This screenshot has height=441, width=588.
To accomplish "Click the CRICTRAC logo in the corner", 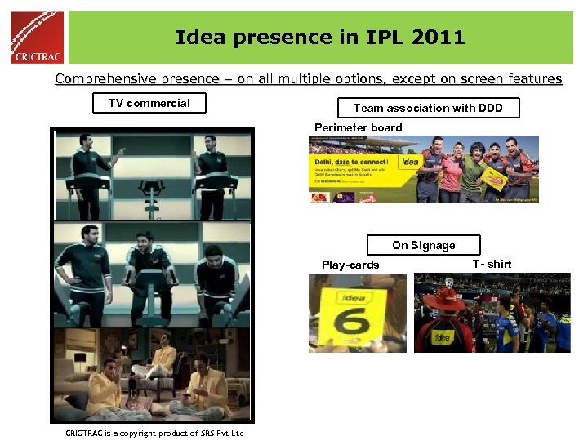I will pos(37,37).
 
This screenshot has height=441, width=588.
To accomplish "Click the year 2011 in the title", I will pos(439,38).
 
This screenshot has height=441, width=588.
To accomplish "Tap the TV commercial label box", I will pos(149,103).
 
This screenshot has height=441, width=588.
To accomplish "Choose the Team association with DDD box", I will pos(428,108).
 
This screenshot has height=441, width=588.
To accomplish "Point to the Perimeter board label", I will pos(358,127).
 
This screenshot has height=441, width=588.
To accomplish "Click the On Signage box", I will pos(423,245).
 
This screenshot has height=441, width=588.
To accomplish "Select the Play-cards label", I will pos(350,265).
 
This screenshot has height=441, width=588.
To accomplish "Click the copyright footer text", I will pos(154,433).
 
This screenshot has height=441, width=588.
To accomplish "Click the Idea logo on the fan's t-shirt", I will pos(442,336).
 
